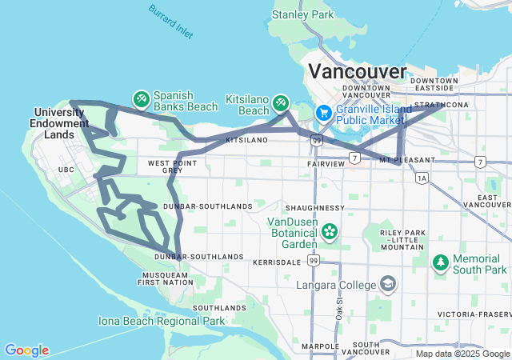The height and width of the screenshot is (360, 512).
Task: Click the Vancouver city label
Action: [x=355, y=70]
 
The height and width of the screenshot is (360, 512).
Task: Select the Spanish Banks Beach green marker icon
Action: [x=141, y=98]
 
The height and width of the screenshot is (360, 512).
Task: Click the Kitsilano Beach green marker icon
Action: [x=280, y=102]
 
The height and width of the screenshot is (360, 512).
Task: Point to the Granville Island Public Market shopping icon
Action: [x=325, y=113]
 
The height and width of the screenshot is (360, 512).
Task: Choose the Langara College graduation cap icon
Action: [x=388, y=285]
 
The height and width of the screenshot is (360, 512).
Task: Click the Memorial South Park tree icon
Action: [x=441, y=262]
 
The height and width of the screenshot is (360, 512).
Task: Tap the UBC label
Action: [x=66, y=170]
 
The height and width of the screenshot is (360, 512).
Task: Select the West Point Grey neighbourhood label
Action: [x=170, y=166]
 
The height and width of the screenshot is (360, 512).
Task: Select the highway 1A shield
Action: [x=422, y=178]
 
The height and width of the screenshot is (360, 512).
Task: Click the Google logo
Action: [x=26, y=350]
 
